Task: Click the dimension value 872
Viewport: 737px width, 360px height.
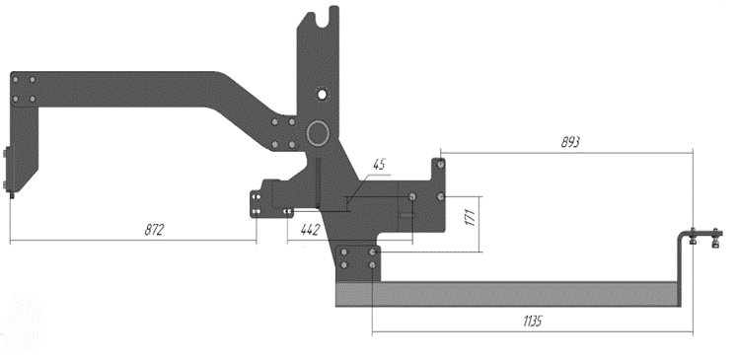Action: tap(154, 230)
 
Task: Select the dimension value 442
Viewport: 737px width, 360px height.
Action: tap(310, 230)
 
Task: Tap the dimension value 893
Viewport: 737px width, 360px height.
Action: tap(570, 142)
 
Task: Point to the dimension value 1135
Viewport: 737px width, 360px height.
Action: tap(533, 322)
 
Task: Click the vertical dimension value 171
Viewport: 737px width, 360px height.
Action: tap(471, 218)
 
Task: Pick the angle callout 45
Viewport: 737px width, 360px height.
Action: tap(379, 164)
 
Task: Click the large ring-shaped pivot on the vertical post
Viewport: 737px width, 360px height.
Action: tap(318, 133)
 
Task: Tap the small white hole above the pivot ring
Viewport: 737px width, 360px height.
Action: tap(322, 94)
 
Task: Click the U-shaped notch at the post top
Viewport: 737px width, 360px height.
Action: tap(322, 19)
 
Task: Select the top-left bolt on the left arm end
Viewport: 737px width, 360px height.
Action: tap(16, 80)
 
